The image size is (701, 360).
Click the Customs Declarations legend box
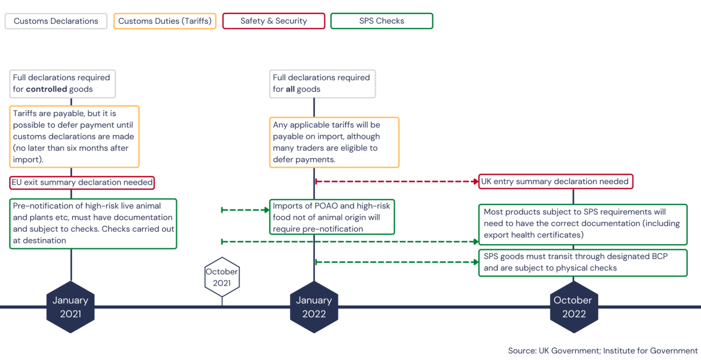[56, 21]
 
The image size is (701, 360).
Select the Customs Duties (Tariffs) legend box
[165, 21]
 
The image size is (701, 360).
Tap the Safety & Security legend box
[274, 21]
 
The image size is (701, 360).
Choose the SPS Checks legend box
[381, 21]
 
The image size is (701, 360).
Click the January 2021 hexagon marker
[70, 307]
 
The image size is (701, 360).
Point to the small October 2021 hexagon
[222, 277]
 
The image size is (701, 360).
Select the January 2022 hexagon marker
[314, 307]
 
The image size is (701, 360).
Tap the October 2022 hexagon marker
[573, 307]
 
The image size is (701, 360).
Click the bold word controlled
[47, 89]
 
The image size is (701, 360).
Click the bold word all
[290, 89]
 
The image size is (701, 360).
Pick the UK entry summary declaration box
[555, 181]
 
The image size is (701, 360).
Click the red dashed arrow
[396, 181]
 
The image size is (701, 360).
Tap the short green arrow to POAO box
[245, 210]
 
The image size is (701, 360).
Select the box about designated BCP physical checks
[582, 262]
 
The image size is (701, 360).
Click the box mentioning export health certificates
[582, 224]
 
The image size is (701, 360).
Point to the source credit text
[603, 351]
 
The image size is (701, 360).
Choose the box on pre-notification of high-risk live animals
[93, 223]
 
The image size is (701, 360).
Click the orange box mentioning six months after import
[74, 136]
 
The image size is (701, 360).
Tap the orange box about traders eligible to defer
[334, 142]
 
